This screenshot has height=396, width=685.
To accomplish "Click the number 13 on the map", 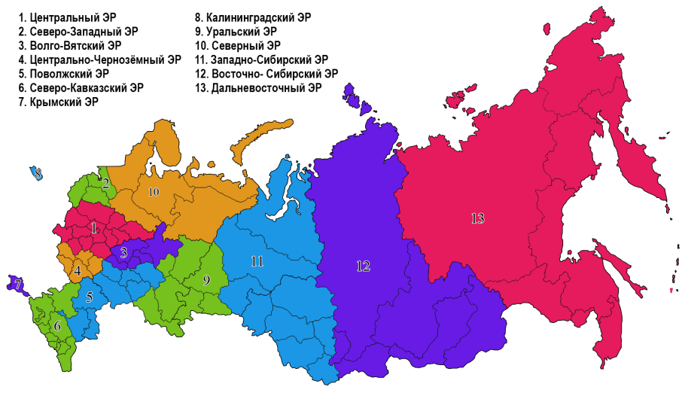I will (477, 219).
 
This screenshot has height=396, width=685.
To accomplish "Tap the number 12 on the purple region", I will (364, 266).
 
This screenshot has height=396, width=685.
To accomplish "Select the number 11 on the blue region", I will (257, 261).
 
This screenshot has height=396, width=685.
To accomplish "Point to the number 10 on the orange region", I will (154, 192).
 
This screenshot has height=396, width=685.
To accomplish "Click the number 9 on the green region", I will (205, 280).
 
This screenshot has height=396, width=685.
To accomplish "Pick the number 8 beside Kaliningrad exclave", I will (38, 174).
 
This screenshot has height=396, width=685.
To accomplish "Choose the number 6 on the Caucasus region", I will (57, 326).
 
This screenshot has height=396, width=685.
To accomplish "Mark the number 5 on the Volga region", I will (89, 297).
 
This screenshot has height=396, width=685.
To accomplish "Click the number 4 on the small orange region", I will (78, 270).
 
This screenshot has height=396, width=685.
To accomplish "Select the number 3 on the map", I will (123, 252).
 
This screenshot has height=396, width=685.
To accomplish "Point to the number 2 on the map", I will (106, 183).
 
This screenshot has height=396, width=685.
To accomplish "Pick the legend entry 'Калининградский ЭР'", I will (253, 17).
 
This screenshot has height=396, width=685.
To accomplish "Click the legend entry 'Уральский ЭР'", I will (235, 32).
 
